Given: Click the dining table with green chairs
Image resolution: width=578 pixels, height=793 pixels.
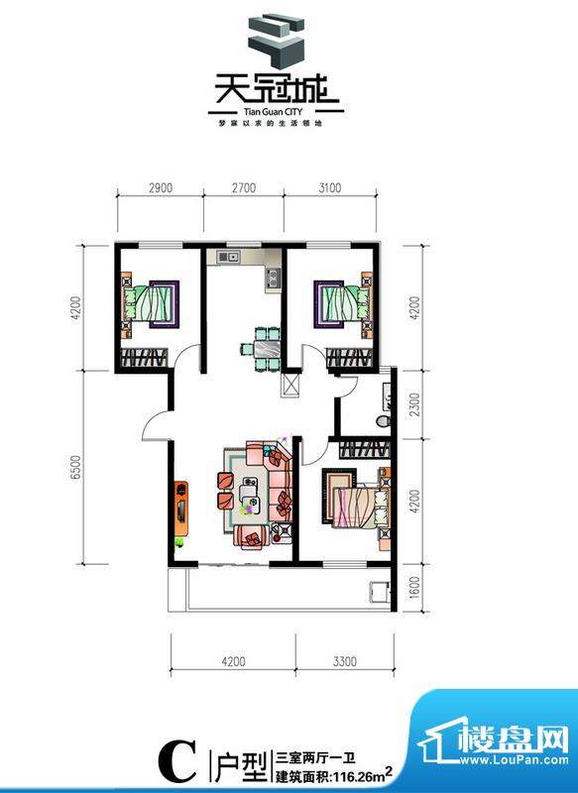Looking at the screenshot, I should coord(265,347).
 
